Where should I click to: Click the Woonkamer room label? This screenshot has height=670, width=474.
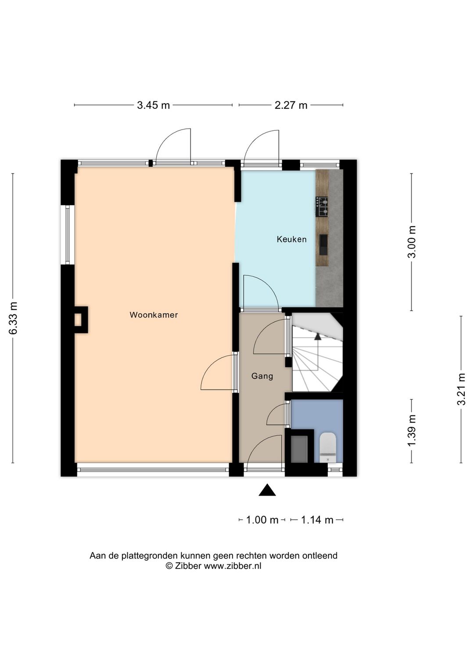pos(154,315)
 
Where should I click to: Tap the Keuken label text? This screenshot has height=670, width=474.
pos(291,239)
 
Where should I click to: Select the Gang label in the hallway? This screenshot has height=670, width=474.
pos(262,376)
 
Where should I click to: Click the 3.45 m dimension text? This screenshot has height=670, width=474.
pos(154,105)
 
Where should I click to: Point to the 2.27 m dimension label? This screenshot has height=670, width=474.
pos(291,105)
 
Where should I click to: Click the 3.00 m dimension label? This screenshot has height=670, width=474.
pos(412,241)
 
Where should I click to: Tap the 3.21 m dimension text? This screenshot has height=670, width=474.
pos(461,389)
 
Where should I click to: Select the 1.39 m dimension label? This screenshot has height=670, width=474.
pos(412,430)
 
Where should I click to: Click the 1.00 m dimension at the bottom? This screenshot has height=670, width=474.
pos(262,520)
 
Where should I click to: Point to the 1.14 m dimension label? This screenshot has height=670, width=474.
pos(317,520)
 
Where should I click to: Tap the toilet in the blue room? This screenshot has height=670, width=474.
pos(328,447)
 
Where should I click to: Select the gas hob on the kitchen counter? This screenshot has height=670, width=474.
pos(321,207)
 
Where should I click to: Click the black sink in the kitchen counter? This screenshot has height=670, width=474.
pos(323,245)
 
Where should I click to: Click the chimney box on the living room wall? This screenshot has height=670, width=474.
pos(81,320)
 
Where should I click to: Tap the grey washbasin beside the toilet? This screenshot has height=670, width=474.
pos(299,449)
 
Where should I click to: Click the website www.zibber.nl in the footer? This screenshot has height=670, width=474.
pos(232,566)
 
